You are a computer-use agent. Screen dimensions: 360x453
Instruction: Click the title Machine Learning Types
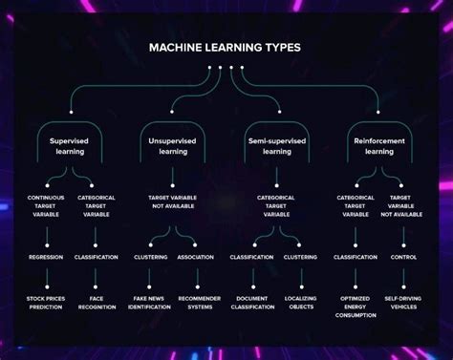225,47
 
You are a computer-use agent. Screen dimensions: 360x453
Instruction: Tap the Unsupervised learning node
172,145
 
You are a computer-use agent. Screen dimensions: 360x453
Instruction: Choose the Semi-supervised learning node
276,145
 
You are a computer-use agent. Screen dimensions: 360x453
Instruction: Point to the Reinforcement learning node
379,145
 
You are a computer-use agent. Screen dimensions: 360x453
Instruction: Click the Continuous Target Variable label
46,206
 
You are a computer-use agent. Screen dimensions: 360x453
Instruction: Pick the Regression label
46,257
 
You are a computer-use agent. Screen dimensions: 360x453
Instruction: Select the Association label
195,257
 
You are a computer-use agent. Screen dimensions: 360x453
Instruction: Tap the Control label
403,257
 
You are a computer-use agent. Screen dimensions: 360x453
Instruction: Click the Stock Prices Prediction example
46,303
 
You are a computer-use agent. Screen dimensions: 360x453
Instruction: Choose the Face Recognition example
97,303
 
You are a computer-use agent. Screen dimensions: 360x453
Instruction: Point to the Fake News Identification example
149,303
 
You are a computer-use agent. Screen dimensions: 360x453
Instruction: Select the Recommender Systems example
200,303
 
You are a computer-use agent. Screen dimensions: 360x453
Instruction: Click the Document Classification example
251,303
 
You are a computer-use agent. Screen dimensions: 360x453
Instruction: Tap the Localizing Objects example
301,303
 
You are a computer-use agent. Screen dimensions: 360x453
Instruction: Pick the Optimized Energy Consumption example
355,307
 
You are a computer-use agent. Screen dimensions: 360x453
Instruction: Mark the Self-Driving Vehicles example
403,303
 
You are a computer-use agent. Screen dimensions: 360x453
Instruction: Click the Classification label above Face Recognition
97,257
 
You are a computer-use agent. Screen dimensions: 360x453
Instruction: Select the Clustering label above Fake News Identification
150,257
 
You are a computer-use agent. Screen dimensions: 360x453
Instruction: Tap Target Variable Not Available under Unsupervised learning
172,202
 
